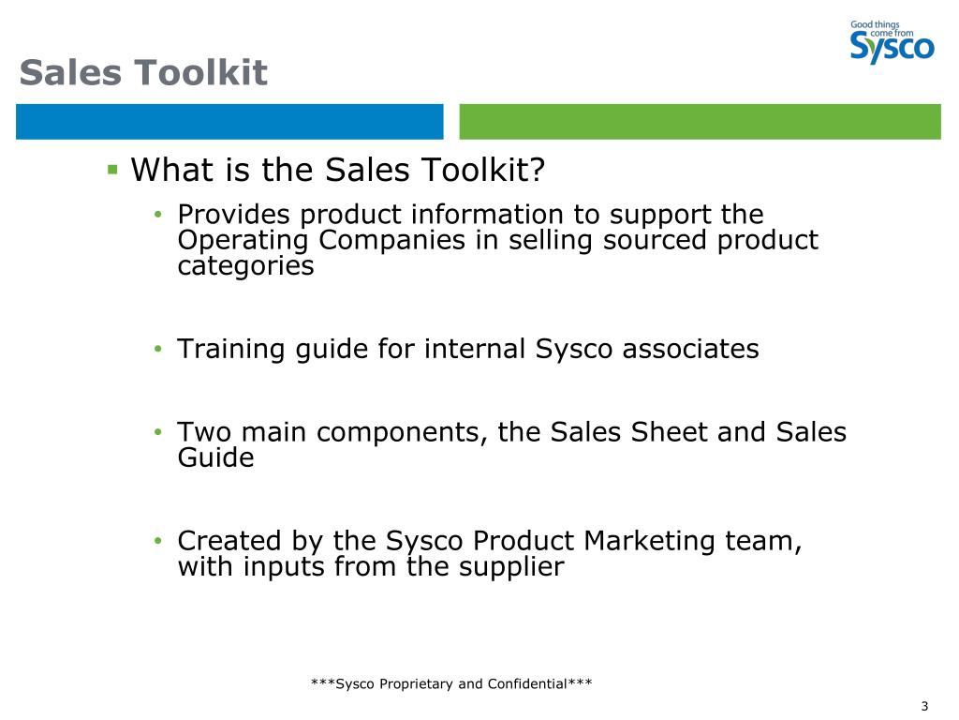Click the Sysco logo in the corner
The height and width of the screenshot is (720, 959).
pyautogui.click(x=892, y=42)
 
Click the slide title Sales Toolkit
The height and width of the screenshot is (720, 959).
pyautogui.click(x=143, y=72)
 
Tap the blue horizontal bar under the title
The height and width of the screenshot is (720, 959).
pyautogui.click(x=229, y=122)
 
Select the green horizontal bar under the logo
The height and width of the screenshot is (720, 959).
pyautogui.click(x=700, y=122)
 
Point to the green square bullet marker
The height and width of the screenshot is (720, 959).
pyautogui.click(x=112, y=170)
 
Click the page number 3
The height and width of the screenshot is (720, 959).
pyautogui.click(x=924, y=706)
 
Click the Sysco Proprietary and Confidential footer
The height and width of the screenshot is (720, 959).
pyautogui.click(x=451, y=683)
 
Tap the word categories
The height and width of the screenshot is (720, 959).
pyautogui.click(x=245, y=265)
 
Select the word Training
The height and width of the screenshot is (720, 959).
pyautogui.click(x=231, y=350)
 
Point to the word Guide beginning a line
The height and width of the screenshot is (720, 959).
pyautogui.click(x=215, y=458)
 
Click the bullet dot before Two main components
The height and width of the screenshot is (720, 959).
pyautogui.click(x=159, y=433)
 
